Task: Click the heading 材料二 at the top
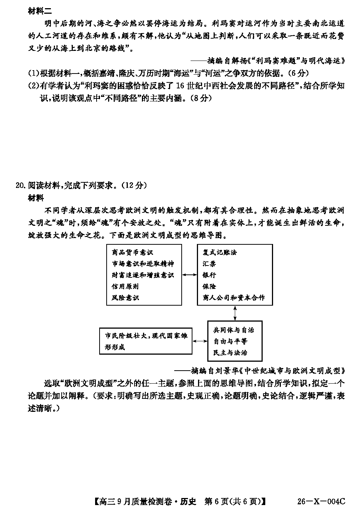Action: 40,11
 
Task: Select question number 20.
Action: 20,185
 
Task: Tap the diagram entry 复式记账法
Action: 220,253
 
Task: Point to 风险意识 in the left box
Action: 125,298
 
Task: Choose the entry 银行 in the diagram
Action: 209,275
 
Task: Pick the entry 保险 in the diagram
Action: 209,287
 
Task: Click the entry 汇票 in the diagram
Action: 209,264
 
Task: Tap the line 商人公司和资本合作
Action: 234,298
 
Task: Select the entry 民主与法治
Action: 230,353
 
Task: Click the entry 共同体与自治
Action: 233,330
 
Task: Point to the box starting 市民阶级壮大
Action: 146,341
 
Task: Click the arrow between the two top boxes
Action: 189,275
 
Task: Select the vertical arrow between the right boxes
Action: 235,313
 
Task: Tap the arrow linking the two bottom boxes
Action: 200,341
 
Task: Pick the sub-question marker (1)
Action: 34,73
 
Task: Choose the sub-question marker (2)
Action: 34,86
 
